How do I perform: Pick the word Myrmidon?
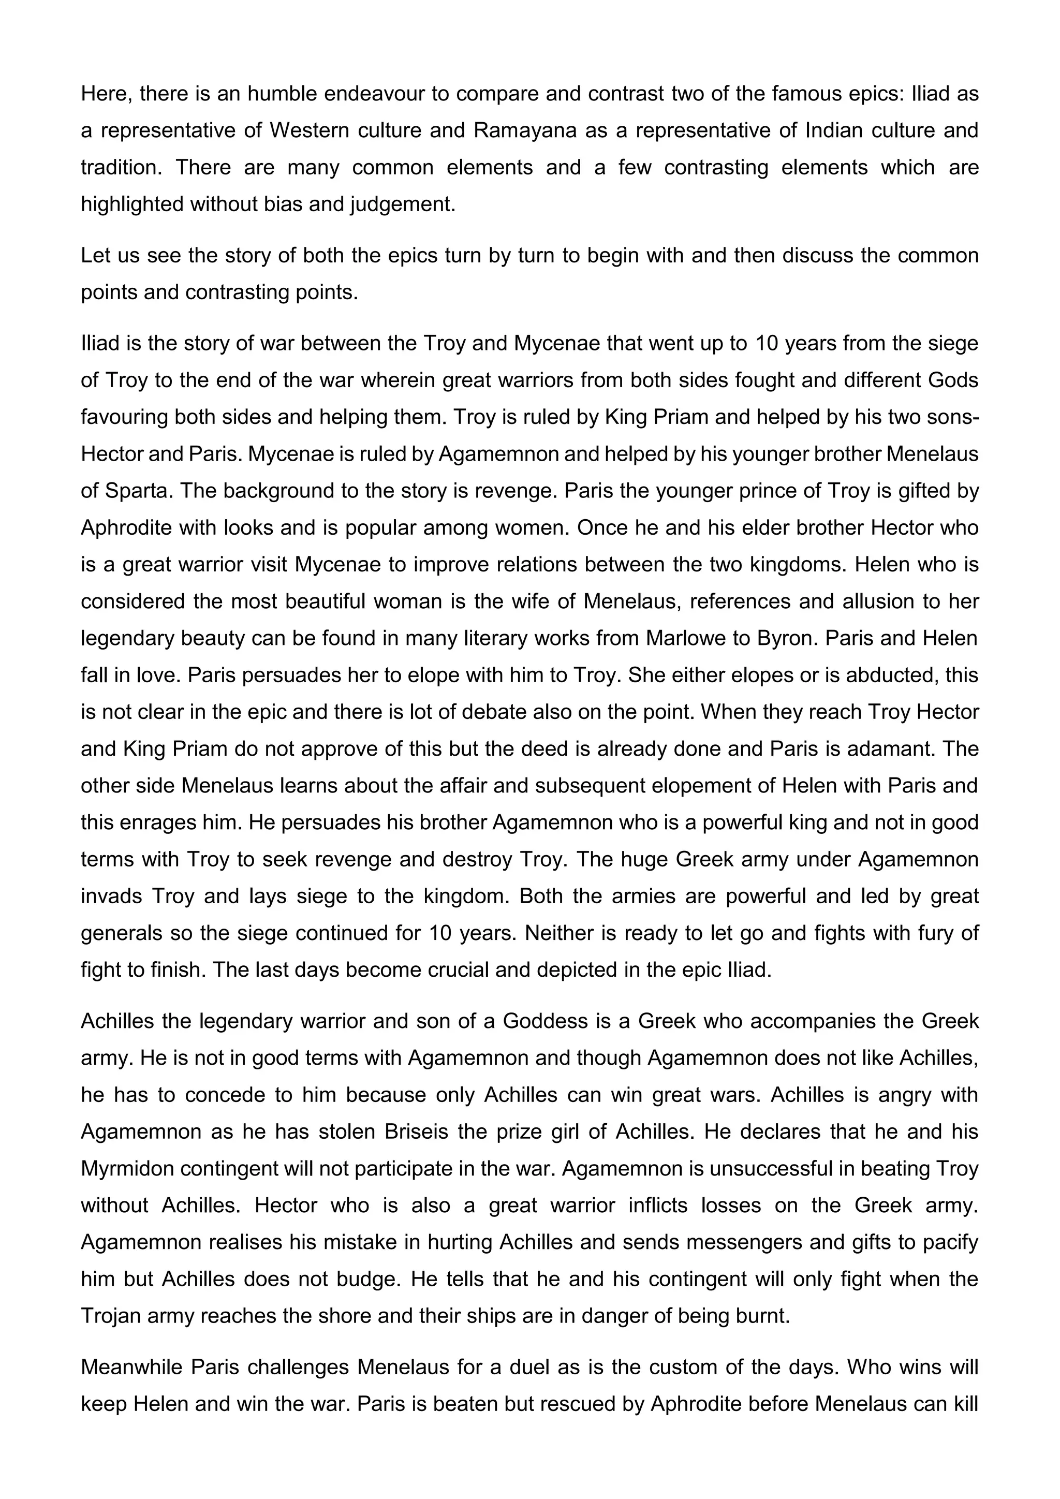tap(126, 1168)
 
